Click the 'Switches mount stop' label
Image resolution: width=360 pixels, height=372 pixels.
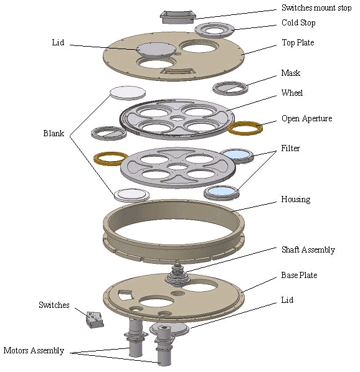tap(316, 8)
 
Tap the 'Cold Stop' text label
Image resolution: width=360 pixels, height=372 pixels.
tap(298, 23)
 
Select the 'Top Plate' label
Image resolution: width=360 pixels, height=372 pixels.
tap(298, 43)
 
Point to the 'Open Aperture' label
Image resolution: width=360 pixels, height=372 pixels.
tap(307, 118)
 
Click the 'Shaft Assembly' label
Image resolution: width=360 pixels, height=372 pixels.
tap(308, 250)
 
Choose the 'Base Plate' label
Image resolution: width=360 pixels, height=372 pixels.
tap(299, 275)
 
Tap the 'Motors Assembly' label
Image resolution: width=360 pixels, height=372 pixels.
tap(34, 350)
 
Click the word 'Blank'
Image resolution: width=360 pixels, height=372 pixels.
tap(54, 133)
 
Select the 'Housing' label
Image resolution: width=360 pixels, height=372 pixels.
tap(296, 199)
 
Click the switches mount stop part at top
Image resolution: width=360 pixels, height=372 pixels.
tap(178, 17)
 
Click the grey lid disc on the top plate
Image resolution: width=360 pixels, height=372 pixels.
tap(156, 50)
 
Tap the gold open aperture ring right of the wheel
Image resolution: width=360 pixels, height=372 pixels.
tap(245, 128)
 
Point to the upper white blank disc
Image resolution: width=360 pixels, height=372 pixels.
tap(128, 93)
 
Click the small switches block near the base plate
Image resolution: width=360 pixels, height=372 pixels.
tap(95, 320)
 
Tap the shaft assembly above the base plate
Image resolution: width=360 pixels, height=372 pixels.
tap(178, 273)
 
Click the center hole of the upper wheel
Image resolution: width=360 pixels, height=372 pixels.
tap(178, 118)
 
